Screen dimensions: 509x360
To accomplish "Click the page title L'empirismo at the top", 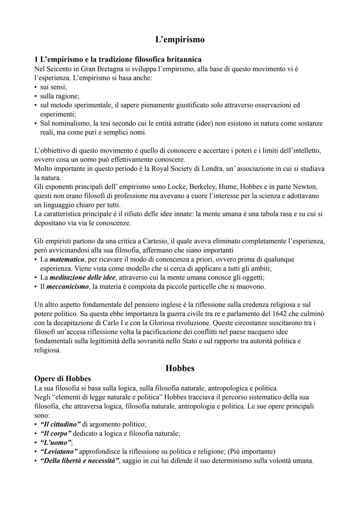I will coord(180,40).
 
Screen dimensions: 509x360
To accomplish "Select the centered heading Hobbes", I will coord(180,368).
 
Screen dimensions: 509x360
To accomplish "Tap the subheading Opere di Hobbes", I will coord(62,379).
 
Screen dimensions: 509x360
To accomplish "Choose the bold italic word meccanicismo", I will coord(68,287).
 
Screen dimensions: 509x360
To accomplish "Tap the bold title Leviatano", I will coord(59,452).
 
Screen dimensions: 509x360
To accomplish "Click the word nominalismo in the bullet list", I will coord(71,123).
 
